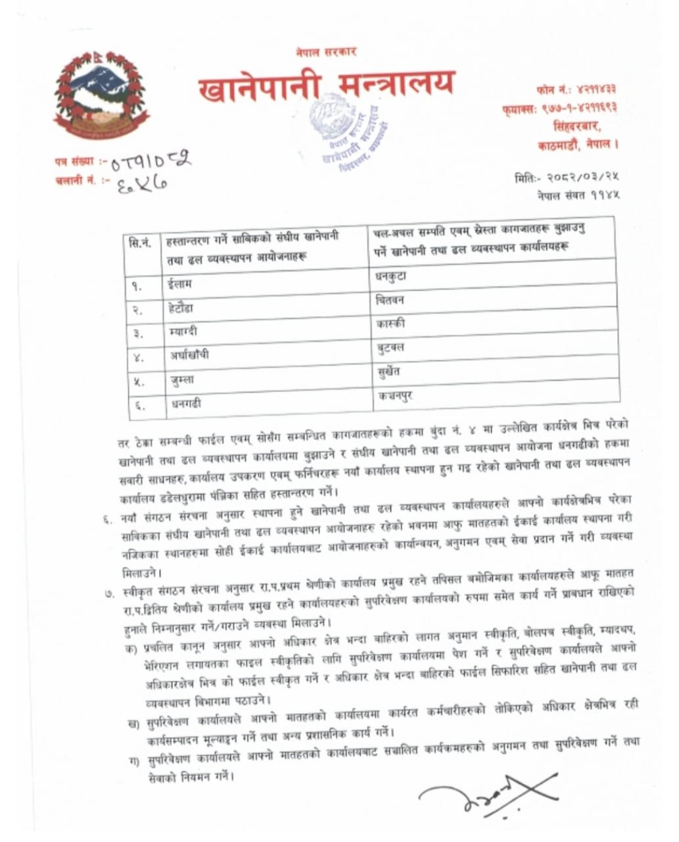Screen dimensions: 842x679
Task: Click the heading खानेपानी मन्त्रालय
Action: (326, 87)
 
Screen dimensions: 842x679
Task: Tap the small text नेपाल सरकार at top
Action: (326, 52)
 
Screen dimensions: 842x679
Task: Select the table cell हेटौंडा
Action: (181, 308)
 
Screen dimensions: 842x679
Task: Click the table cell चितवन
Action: (391, 300)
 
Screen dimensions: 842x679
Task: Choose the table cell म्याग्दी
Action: (183, 332)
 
